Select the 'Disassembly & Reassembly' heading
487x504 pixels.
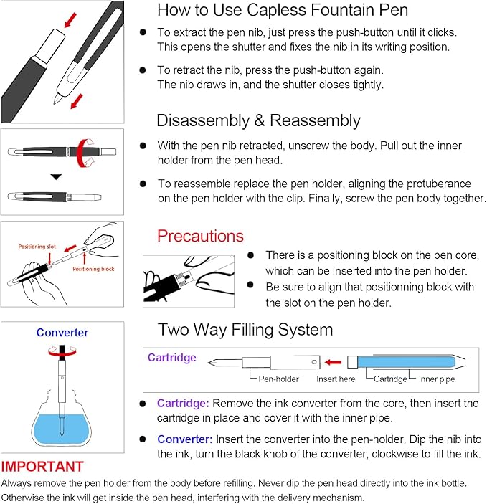tap(258, 120)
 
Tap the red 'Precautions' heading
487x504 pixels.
tap(200, 236)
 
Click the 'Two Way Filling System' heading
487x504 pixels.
tap(245, 329)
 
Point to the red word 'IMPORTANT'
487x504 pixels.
tap(42, 466)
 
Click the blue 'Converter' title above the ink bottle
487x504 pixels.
tap(62, 333)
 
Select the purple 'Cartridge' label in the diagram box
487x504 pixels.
tap(171, 358)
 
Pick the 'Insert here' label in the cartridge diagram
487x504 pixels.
tap(336, 379)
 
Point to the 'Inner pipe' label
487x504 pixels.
tap(437, 379)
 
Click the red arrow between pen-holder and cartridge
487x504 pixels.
tap(331, 361)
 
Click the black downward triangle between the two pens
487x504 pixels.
tap(56, 176)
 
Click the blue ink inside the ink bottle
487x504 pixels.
tap(62, 428)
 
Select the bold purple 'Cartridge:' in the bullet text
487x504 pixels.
tap(183, 404)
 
